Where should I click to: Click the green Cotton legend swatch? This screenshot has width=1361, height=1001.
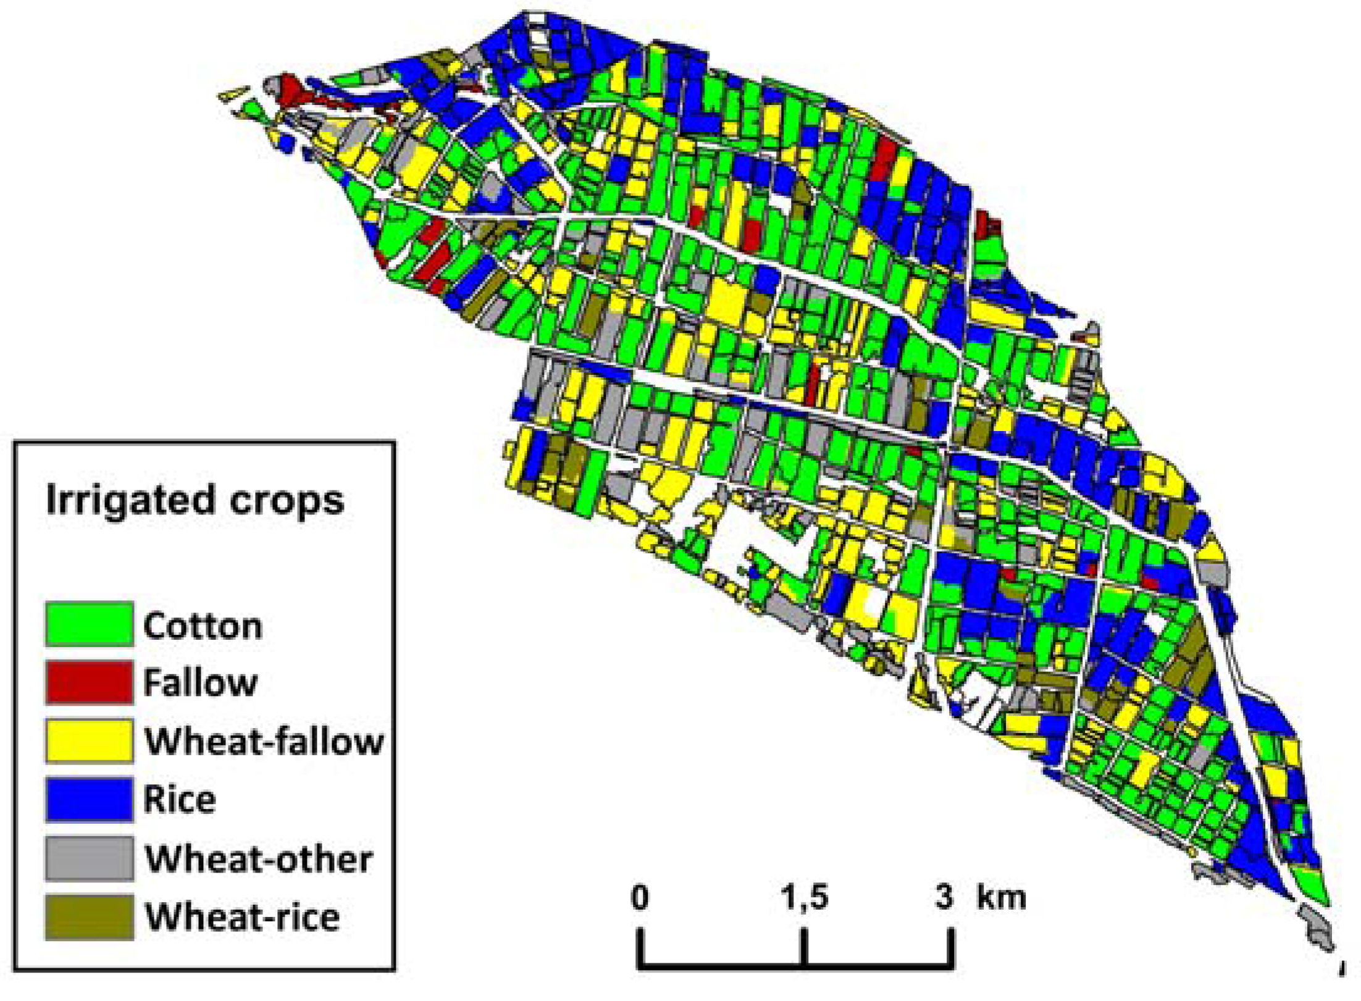[x=89, y=624]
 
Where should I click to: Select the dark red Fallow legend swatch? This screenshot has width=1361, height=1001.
[x=89, y=682]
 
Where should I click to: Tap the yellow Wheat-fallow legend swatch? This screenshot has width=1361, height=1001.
[x=89, y=740]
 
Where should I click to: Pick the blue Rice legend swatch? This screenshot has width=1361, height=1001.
[x=89, y=799]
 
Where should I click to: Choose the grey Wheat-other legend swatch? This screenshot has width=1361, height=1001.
[x=89, y=858]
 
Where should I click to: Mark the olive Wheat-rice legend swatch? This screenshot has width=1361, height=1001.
[x=89, y=916]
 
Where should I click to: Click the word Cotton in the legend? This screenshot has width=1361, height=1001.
[x=203, y=626]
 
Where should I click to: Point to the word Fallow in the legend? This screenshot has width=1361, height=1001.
[x=200, y=683]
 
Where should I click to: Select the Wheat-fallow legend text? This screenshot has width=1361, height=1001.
[x=264, y=741]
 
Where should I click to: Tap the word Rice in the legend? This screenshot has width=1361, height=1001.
[x=180, y=799]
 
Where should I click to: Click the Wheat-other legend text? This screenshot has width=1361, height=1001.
[x=259, y=858]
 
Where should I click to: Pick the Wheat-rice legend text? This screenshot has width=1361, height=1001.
[x=242, y=917]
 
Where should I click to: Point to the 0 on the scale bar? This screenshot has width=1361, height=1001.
[x=640, y=897]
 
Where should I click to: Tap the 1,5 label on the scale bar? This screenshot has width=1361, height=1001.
[x=804, y=897]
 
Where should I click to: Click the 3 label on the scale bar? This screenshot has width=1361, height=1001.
[x=944, y=897]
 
